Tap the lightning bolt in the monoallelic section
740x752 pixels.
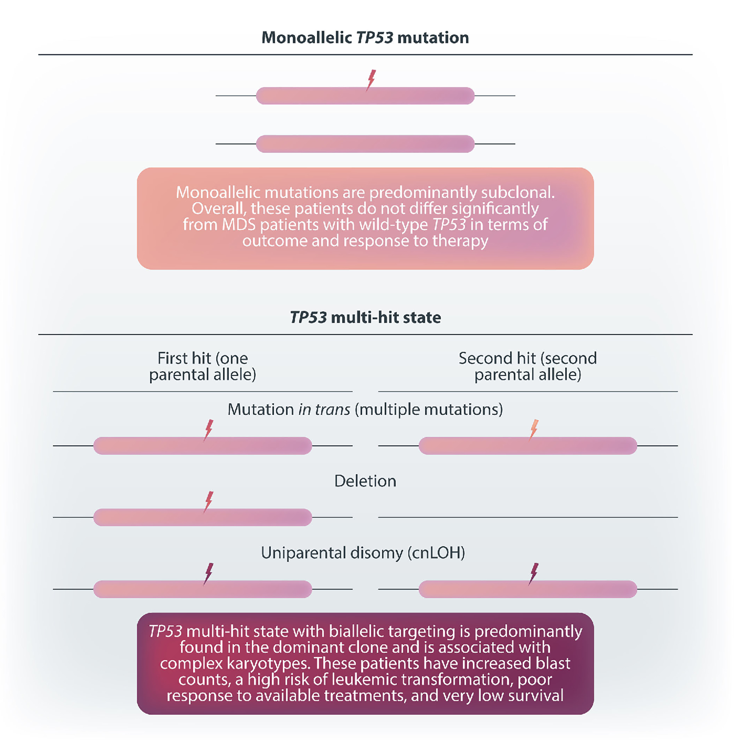click(x=371, y=80)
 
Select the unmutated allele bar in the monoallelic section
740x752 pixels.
click(x=365, y=144)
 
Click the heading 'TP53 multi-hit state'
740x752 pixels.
click(x=365, y=317)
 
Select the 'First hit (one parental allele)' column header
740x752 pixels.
click(x=202, y=366)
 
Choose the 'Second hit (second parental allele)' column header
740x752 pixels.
click(x=527, y=366)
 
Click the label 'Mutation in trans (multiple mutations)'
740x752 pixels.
click(x=365, y=409)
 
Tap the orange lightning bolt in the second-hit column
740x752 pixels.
click(x=534, y=430)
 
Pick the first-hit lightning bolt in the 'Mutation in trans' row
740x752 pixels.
click(x=209, y=430)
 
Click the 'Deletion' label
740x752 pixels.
click(x=365, y=481)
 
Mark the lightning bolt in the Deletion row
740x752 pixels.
click(x=209, y=502)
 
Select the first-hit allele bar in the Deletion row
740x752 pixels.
click(x=202, y=517)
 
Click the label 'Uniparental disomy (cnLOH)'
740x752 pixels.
click(x=363, y=553)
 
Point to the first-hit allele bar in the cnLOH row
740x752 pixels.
click(x=202, y=589)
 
